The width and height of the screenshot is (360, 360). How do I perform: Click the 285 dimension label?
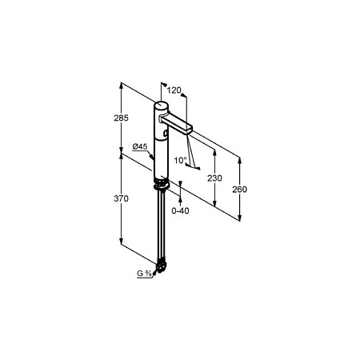pyautogui.click(x=121, y=118)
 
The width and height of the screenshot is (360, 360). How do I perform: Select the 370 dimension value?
pyautogui.click(x=121, y=198)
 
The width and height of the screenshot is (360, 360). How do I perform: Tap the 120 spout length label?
pyautogui.click(x=174, y=90)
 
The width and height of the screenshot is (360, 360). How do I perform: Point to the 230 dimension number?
pyautogui.click(x=214, y=178)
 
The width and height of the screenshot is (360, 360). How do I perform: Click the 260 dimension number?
pyautogui.click(x=239, y=190)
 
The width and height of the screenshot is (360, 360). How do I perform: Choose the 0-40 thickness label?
pyautogui.click(x=180, y=211)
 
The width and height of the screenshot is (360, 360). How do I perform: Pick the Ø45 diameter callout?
pyautogui.click(x=140, y=146)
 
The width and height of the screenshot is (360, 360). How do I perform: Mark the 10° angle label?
pyautogui.click(x=180, y=160)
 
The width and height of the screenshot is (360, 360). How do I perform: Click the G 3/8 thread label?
pyautogui.click(x=144, y=274)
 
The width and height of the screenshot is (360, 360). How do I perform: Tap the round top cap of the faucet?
pyautogui.click(x=162, y=105)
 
